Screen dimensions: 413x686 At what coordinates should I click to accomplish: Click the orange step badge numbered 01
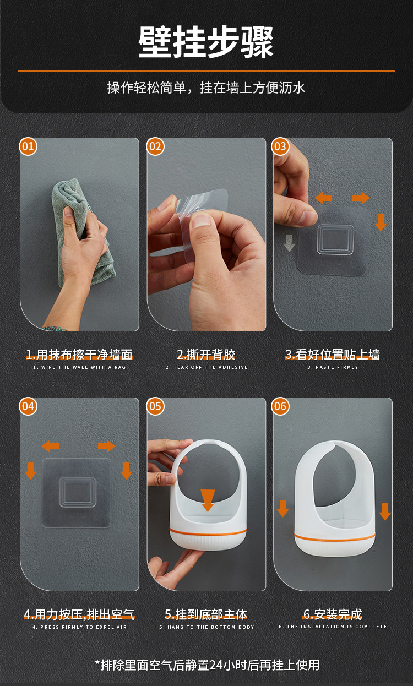tap(28, 146)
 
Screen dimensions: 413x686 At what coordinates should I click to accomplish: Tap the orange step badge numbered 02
tap(155, 146)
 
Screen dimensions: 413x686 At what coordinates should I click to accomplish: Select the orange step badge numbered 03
tap(280, 146)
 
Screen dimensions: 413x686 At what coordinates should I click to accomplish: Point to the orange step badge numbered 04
tap(28, 406)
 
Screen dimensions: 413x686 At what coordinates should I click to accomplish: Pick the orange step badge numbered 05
tap(155, 406)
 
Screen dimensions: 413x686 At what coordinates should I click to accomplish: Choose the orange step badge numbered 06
tap(280, 406)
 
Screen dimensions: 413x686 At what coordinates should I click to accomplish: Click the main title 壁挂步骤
tap(206, 42)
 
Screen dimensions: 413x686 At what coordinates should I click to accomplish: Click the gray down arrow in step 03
tap(289, 243)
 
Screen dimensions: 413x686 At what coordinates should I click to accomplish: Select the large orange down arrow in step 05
tap(208, 500)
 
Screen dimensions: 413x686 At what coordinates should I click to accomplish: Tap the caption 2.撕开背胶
tap(206, 355)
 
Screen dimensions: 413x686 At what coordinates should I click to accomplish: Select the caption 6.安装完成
tap(333, 614)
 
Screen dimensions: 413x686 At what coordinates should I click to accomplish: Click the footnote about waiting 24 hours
tap(207, 665)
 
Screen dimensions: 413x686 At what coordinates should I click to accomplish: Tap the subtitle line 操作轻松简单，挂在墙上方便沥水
tap(206, 88)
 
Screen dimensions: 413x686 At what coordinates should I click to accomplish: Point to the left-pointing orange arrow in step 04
tap(50, 446)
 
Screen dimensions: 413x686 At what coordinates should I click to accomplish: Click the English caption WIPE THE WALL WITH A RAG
tap(79, 367)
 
